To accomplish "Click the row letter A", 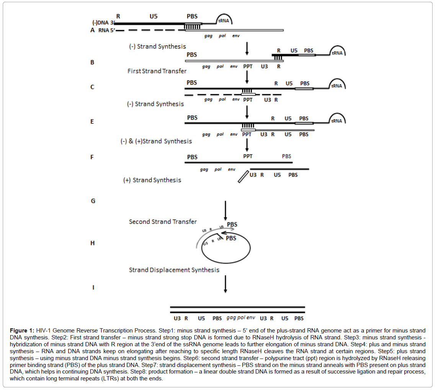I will click(92, 30).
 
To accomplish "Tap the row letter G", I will click(93, 201).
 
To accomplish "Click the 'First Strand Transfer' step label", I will click(157, 71).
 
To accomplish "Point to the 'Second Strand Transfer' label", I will click(163, 222).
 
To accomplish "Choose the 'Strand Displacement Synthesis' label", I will click(174, 270).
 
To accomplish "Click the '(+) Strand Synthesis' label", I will click(152, 180).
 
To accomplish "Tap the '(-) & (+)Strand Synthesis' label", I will click(156, 141).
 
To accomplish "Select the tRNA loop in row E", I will click(338, 118).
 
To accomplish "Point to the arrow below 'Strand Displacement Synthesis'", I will click(225, 284).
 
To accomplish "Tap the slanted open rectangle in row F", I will click(243, 176).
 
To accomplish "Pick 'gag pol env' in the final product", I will click(241, 318).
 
